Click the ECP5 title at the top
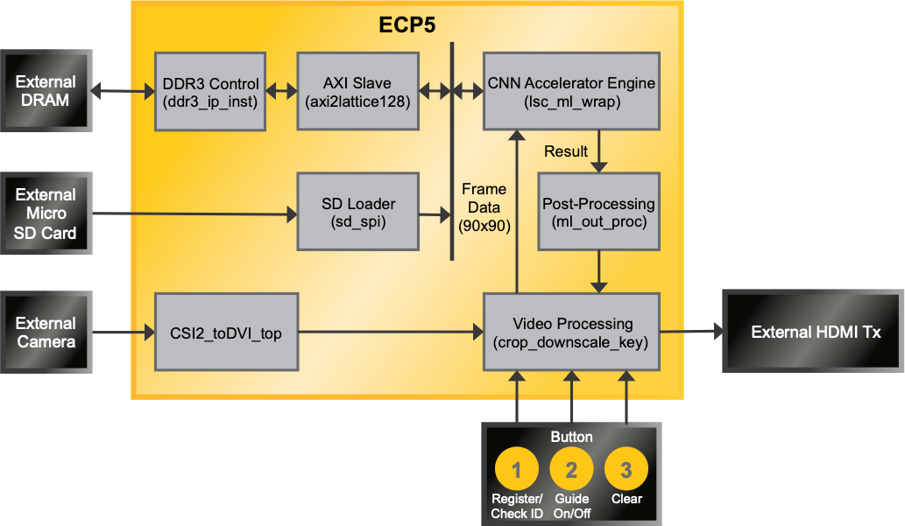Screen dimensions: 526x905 tap(407, 25)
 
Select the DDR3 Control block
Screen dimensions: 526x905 tap(210, 92)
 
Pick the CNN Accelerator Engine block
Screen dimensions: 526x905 tap(571, 92)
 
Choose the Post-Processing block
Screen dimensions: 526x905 tap(598, 212)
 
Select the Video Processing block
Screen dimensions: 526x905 tap(571, 333)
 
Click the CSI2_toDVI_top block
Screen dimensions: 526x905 tap(226, 333)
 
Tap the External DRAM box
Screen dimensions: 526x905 tap(46, 91)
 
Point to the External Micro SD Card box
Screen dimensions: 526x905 tap(46, 214)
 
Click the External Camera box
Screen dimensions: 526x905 tap(46, 333)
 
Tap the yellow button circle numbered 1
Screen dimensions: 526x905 tap(517, 470)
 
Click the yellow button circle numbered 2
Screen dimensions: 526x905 tap(571, 470)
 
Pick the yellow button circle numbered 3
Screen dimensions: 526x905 tap(626, 470)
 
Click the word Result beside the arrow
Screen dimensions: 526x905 tap(566, 151)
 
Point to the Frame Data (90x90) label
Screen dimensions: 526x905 tap(484, 207)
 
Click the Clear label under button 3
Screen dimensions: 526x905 tap(626, 499)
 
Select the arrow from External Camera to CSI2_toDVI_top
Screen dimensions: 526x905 tap(124, 333)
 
